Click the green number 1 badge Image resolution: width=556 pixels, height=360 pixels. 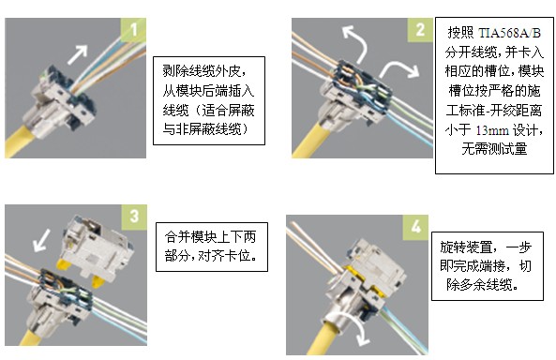click(x=133, y=30)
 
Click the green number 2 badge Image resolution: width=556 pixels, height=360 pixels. click(x=420, y=30)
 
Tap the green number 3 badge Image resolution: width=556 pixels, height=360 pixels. click(x=134, y=217)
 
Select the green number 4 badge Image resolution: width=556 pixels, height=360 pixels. click(x=415, y=227)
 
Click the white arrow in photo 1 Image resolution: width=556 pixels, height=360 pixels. click(x=78, y=54)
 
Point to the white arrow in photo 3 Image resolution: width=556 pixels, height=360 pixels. click(x=42, y=240)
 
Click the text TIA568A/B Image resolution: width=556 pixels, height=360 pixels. click(x=509, y=33)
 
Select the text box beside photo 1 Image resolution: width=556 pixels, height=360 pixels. click(x=209, y=100)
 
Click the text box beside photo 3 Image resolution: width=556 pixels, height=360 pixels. click(x=212, y=247)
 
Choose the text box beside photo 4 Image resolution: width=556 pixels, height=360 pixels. click(x=488, y=266)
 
